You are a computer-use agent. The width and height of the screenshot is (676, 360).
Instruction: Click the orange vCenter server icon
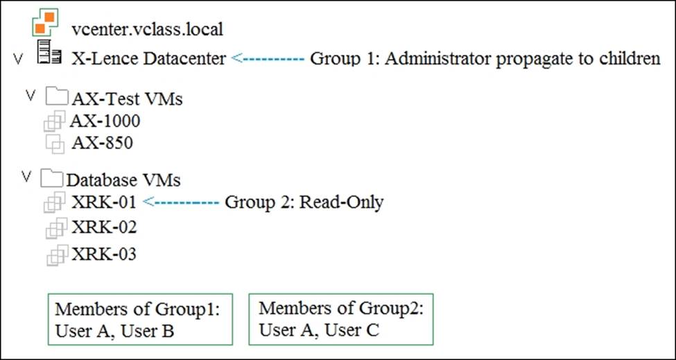coord(45,22)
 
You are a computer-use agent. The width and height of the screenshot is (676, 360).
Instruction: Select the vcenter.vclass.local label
coord(148,30)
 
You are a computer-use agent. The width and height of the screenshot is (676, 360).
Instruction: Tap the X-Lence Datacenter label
coord(148,59)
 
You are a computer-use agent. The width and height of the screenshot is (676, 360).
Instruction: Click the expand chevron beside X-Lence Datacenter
coord(17,59)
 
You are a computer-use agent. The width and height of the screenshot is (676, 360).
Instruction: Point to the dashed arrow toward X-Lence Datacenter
coord(268,58)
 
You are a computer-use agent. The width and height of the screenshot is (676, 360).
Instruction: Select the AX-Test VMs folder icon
coord(56,96)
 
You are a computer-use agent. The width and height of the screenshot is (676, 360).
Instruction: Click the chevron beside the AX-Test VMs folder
coord(30,95)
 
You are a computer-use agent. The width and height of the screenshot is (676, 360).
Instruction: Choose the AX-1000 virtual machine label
coord(105,121)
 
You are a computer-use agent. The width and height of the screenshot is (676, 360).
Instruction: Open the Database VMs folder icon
coord(52,178)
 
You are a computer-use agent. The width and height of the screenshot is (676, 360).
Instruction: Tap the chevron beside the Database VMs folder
coord(27,176)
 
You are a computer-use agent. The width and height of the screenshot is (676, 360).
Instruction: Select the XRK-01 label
coord(103,203)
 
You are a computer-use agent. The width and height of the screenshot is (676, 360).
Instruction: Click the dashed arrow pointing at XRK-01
coord(181,202)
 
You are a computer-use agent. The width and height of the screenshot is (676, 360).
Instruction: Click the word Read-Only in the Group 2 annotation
coord(341,203)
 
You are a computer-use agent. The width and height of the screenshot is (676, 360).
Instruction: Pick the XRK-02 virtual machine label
coord(104,228)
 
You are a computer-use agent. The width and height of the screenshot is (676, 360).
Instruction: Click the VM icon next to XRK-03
coord(57,255)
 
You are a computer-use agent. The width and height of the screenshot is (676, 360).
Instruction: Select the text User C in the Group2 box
coord(352,331)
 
